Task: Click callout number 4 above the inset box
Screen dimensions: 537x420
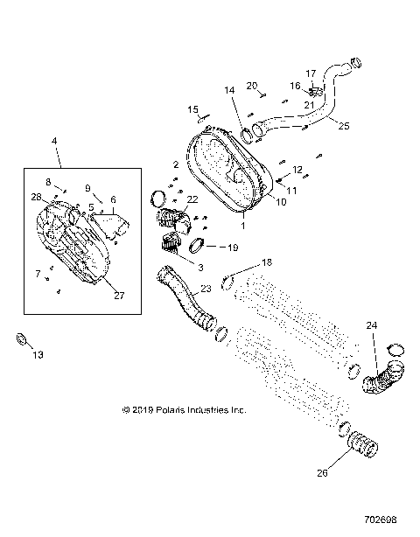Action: [54, 140]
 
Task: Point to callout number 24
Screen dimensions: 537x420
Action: [372, 325]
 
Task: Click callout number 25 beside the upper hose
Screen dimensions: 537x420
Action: [344, 126]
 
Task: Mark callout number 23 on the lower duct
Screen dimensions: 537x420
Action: [206, 288]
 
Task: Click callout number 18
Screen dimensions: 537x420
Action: [268, 262]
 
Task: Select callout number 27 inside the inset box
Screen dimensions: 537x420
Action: [118, 296]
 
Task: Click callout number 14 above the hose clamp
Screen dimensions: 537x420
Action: [230, 90]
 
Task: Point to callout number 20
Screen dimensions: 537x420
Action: [251, 86]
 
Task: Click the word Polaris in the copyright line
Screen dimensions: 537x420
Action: [168, 408]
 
